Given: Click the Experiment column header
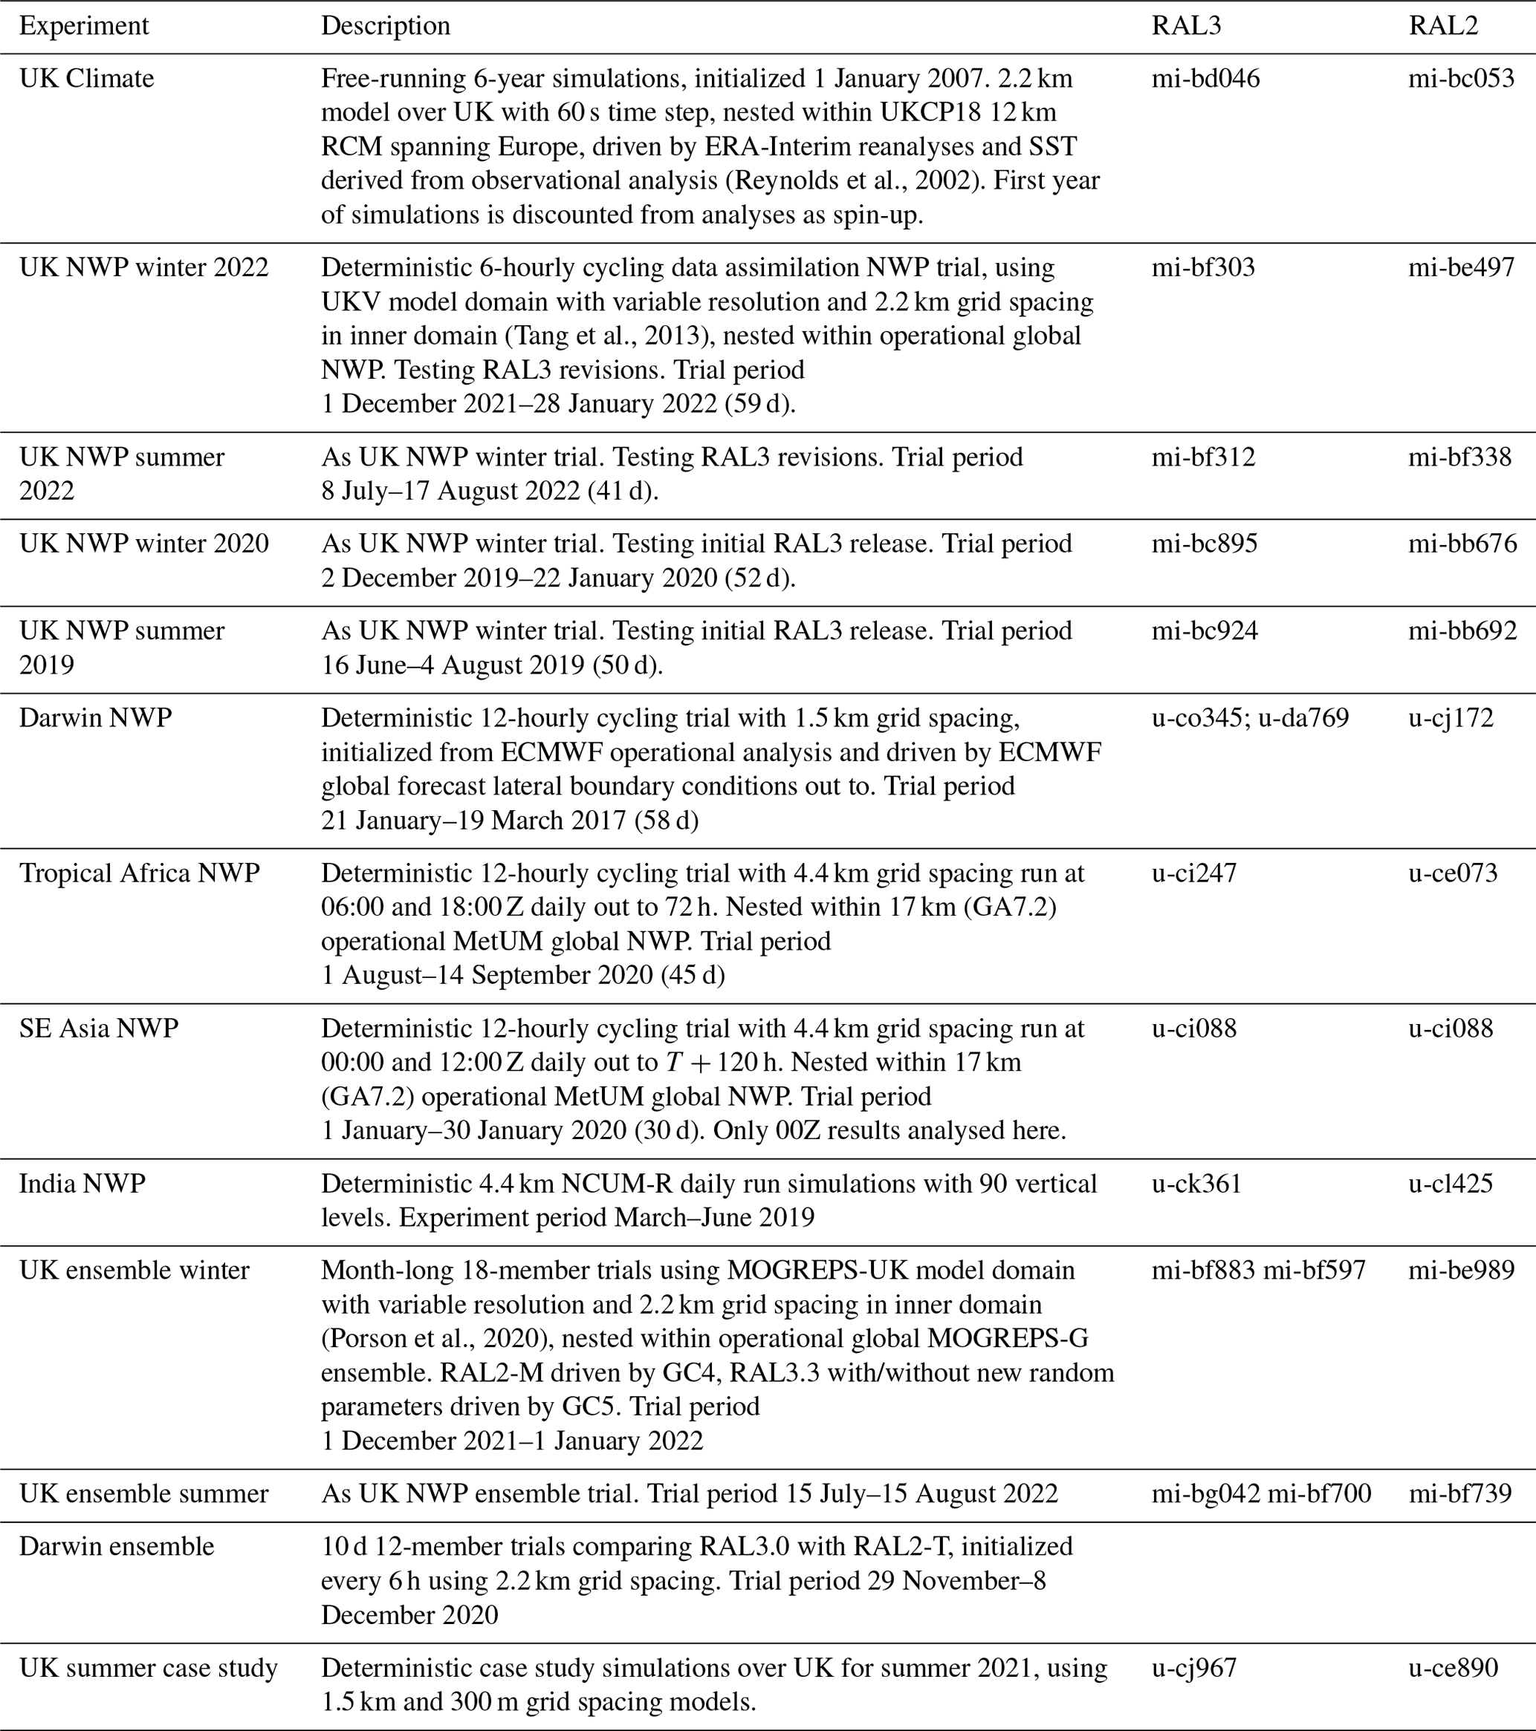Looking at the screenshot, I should click(x=84, y=26).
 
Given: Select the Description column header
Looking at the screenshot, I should click(x=385, y=26).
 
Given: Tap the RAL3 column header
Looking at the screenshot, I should click(x=1186, y=26).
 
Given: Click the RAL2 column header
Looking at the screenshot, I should click(x=1443, y=26).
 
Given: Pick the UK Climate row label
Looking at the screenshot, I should click(x=86, y=79).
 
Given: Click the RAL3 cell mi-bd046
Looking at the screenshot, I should click(x=1205, y=79).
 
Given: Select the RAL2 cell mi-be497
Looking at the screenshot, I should click(x=1461, y=267).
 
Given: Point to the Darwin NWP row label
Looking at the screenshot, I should click(x=96, y=718).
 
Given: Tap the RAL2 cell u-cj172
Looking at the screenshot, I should click(x=1451, y=718).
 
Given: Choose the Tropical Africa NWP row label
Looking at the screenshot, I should click(x=140, y=873).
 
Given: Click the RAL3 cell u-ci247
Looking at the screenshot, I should click(x=1193, y=873).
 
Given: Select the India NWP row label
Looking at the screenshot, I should click(x=82, y=1183).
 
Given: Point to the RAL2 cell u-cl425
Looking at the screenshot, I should click(x=1451, y=1183).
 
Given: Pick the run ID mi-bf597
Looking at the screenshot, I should click(x=1314, y=1271).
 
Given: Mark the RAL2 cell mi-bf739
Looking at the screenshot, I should click(x=1459, y=1493).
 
